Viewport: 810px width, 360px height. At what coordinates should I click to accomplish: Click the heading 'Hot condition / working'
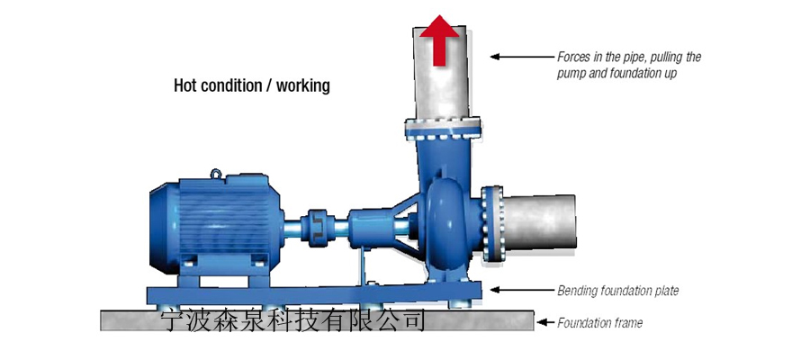(x=252, y=86)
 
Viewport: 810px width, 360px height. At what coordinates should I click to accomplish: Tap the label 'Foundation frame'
(x=599, y=322)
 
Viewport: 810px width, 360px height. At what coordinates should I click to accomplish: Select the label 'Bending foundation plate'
(x=617, y=291)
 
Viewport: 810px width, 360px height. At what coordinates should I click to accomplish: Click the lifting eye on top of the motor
(x=218, y=175)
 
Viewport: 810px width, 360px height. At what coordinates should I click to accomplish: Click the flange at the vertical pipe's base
(x=442, y=127)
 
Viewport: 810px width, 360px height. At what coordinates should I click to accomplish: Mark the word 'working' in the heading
(x=304, y=86)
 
